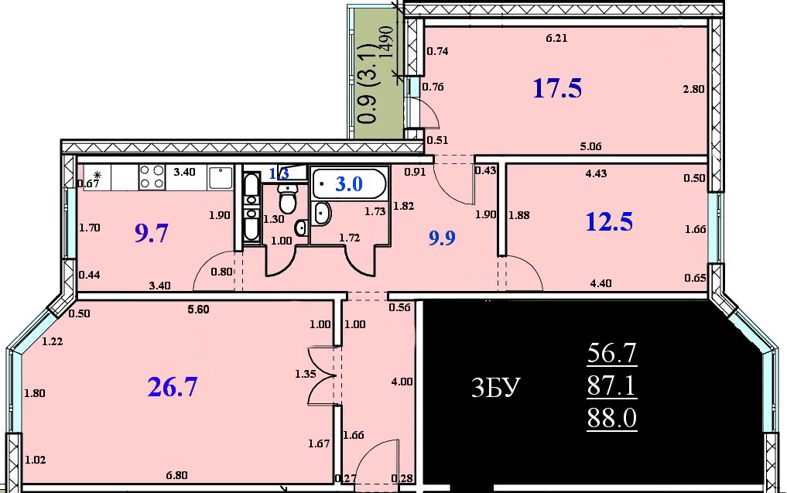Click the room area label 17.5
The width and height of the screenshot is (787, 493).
(557, 88)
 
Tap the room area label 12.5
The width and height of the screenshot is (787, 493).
(609, 221)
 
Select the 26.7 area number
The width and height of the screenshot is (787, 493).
(173, 387)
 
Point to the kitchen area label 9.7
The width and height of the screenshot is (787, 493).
(152, 234)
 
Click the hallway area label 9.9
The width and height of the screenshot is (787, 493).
(442, 238)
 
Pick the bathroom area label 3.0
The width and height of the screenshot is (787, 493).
(349, 183)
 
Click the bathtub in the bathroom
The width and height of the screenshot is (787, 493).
(349, 183)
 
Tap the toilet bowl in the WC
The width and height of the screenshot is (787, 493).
(288, 198)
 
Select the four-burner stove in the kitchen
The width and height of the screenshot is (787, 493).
(152, 177)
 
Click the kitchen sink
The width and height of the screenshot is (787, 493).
(220, 178)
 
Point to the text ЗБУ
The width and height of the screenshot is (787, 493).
(495, 388)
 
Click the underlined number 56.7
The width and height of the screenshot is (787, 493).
(612, 354)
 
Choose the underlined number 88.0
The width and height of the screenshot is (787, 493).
(612, 418)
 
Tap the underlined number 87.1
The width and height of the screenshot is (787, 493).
(612, 386)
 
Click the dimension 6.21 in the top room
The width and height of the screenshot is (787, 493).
(556, 38)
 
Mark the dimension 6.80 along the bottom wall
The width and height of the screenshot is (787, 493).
(176, 475)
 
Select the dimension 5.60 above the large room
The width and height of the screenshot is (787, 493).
(198, 310)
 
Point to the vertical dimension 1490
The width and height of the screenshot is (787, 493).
(386, 43)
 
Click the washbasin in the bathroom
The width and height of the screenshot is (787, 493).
(321, 214)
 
